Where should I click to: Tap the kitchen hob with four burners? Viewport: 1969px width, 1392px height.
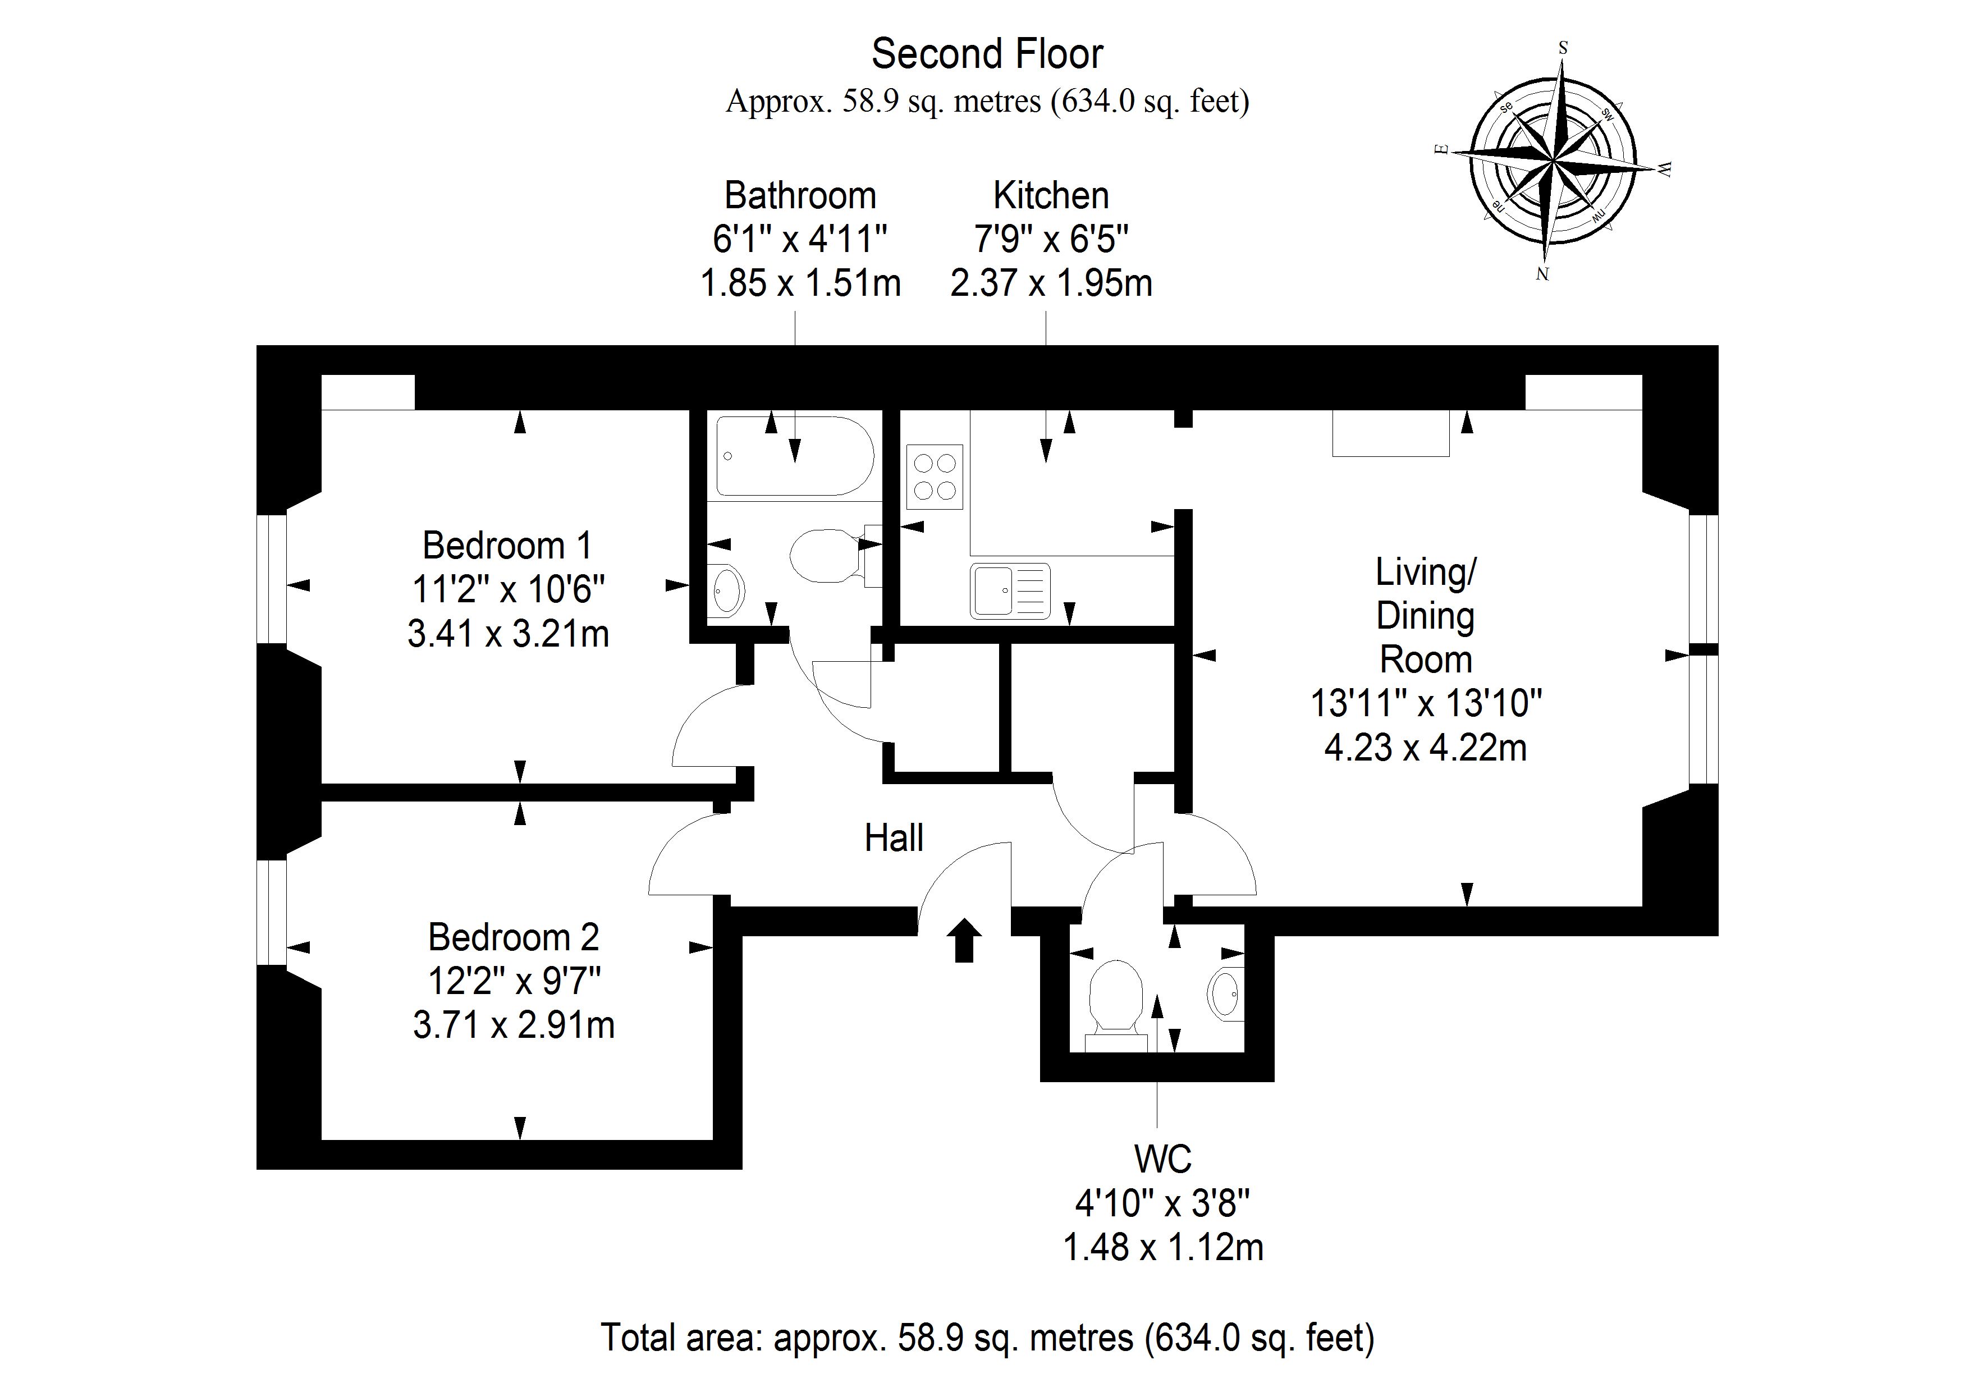tap(934, 477)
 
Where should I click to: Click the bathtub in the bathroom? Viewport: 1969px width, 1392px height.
tap(794, 456)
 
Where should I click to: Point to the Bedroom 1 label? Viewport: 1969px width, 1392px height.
tap(507, 546)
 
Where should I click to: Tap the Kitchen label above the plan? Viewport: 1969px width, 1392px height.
tap(1051, 195)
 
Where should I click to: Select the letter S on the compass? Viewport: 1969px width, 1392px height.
tap(1563, 48)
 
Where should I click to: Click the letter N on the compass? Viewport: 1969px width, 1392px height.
tap(1542, 274)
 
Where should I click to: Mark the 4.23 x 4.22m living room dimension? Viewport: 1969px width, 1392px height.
tap(1425, 748)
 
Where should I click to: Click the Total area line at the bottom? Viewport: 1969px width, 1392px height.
tap(987, 1337)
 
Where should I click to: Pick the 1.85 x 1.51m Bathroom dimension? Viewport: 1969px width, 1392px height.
tap(800, 283)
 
